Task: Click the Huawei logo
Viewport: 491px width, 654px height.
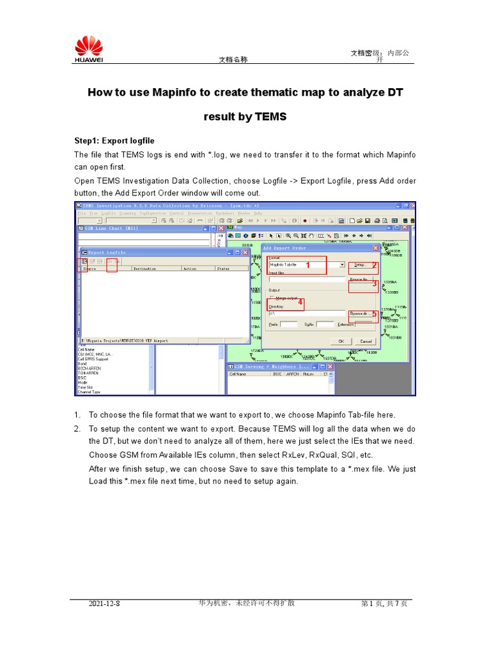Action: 89,49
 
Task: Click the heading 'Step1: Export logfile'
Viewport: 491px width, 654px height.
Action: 114,141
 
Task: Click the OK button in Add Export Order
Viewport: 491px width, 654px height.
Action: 340,341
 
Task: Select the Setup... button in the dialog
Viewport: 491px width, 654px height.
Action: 361,264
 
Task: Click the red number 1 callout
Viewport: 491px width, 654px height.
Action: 307,264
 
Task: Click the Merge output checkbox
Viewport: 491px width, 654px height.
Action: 272,298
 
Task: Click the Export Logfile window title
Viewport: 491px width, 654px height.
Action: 107,252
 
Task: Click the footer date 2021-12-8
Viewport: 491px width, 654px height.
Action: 104,604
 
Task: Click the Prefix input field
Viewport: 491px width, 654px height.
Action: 288,324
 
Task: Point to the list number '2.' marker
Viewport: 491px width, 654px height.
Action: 77,429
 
